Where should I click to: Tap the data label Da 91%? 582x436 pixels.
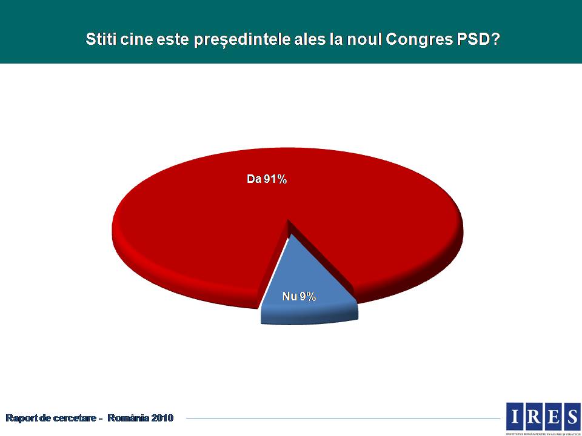(266, 179)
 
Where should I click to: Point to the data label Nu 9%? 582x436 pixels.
(299, 296)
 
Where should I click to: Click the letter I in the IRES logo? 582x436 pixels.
(515, 416)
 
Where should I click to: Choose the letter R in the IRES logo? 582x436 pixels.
(533, 416)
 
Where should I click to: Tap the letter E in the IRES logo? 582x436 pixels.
(553, 416)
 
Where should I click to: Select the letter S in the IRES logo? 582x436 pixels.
(572, 416)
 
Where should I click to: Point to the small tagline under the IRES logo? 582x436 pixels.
(543, 433)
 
